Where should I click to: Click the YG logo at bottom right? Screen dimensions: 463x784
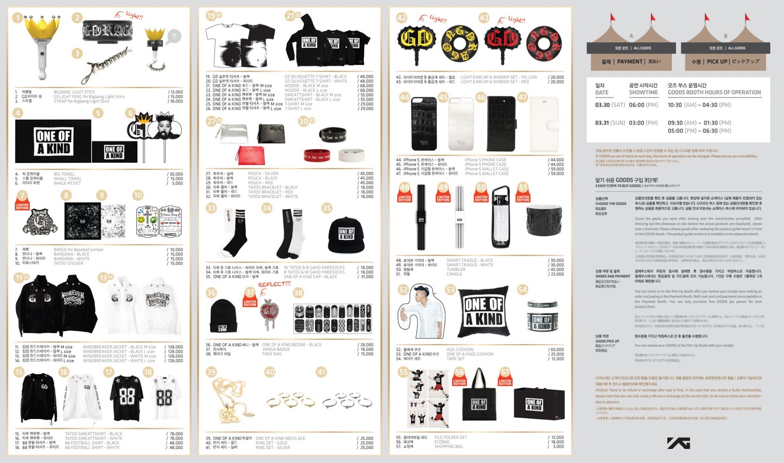pos(679,443)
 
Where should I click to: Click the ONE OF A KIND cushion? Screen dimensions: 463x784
pos(483,311)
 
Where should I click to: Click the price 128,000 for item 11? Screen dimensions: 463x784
pos(175,347)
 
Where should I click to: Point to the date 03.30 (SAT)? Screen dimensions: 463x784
pos(610,105)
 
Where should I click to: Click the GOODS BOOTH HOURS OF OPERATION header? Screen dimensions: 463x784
pos(714,92)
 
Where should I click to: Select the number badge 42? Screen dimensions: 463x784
pos(401,18)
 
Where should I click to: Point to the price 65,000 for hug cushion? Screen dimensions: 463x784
pos(557,350)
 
